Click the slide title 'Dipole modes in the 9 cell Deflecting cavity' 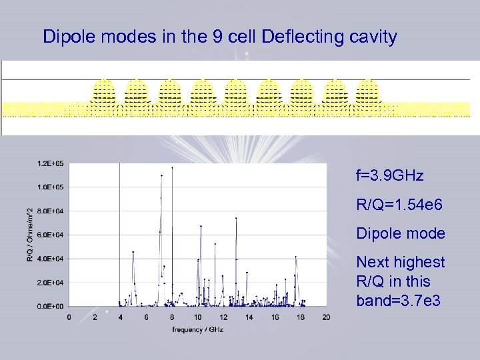(x=219, y=37)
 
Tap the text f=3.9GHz (x=389, y=176)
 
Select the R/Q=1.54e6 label (x=399, y=205)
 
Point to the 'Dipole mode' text (x=400, y=233)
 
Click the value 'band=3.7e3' (x=398, y=301)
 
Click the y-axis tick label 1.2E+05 (x=51, y=163)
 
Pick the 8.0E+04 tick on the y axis (x=51, y=211)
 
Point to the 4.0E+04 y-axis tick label (x=51, y=259)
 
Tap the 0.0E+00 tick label (x=51, y=307)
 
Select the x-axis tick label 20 (x=326, y=317)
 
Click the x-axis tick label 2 (x=95, y=317)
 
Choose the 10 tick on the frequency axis (x=198, y=317)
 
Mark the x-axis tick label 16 (x=275, y=317)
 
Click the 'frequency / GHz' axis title (x=197, y=329)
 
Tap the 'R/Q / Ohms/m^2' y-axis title (x=30, y=235)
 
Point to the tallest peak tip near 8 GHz (x=172, y=167)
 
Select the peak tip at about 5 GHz (x=133, y=252)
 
